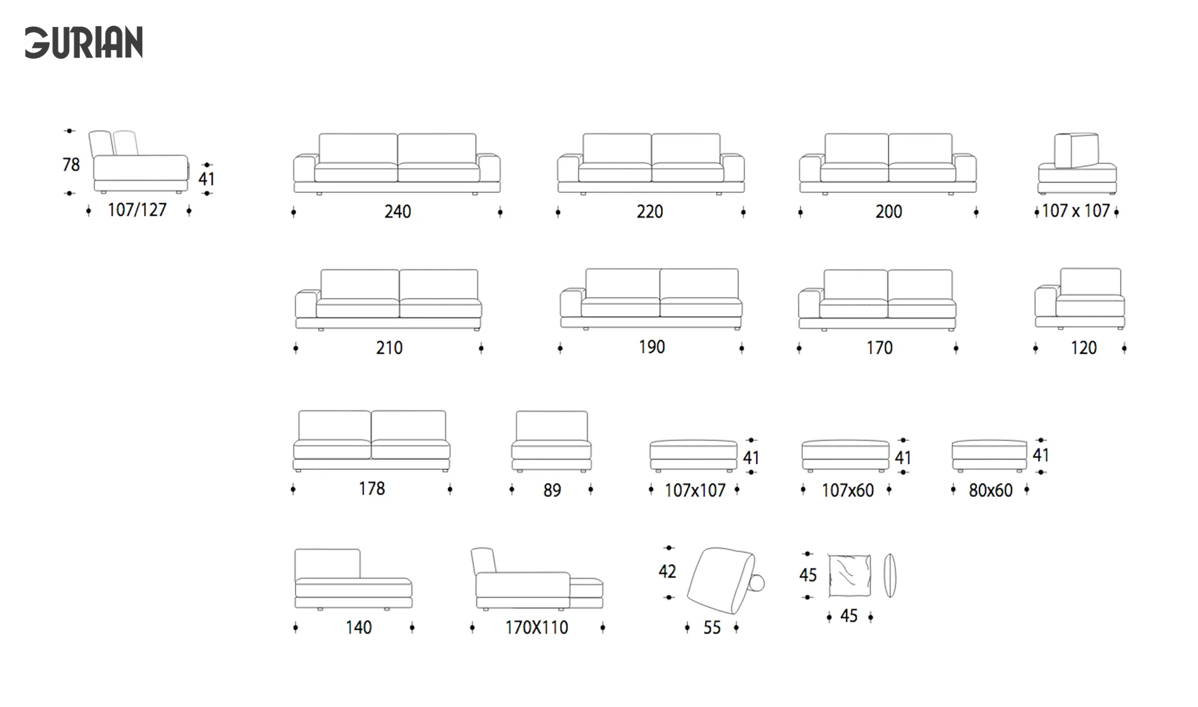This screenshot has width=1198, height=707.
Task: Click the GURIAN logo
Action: point(84,43)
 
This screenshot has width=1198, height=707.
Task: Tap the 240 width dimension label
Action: point(397,212)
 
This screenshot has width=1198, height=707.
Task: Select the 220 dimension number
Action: point(650,212)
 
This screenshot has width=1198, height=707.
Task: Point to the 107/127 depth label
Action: point(137,210)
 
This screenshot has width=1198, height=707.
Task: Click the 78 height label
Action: point(71,164)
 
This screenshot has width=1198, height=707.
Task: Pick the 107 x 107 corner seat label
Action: point(1076,211)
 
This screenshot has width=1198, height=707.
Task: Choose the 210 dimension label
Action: point(389,348)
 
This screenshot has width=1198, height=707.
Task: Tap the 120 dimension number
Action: point(1083,348)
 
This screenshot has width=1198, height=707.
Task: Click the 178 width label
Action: point(372,489)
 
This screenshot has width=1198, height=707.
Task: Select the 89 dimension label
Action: point(552,490)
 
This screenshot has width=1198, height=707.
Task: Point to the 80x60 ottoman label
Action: point(990,490)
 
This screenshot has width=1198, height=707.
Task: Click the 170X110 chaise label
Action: point(536,627)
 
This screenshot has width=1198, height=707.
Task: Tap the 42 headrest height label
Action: point(667,572)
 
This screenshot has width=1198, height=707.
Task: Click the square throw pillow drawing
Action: point(849,575)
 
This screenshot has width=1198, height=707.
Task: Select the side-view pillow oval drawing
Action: point(889,575)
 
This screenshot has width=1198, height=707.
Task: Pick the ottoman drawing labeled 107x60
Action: point(845,456)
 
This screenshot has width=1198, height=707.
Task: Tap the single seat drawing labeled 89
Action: point(551,441)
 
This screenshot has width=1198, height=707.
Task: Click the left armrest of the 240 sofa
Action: point(304,169)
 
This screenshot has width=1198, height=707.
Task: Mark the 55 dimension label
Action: point(712,627)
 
